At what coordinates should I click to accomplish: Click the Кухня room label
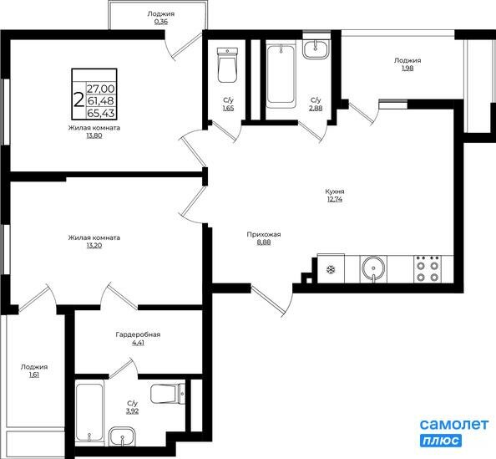pos(334,191)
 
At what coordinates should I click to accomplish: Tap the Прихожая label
pos(263,234)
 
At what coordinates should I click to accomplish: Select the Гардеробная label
pos(138,334)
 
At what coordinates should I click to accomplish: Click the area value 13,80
pos(94,135)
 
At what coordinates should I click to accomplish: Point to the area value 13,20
pos(94,246)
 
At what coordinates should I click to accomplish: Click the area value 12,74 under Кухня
pos(334,200)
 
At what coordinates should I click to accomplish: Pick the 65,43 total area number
pos(101,113)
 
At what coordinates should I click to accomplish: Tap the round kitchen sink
pos(372,268)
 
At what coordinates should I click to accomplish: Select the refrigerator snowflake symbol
pos(329,269)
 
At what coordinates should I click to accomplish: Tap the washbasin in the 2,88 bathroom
pos(316,48)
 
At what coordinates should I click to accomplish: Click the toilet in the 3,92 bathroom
pos(167,395)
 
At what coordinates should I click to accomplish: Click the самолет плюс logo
pos(453,432)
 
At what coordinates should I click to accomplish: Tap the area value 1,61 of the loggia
pos(34,376)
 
